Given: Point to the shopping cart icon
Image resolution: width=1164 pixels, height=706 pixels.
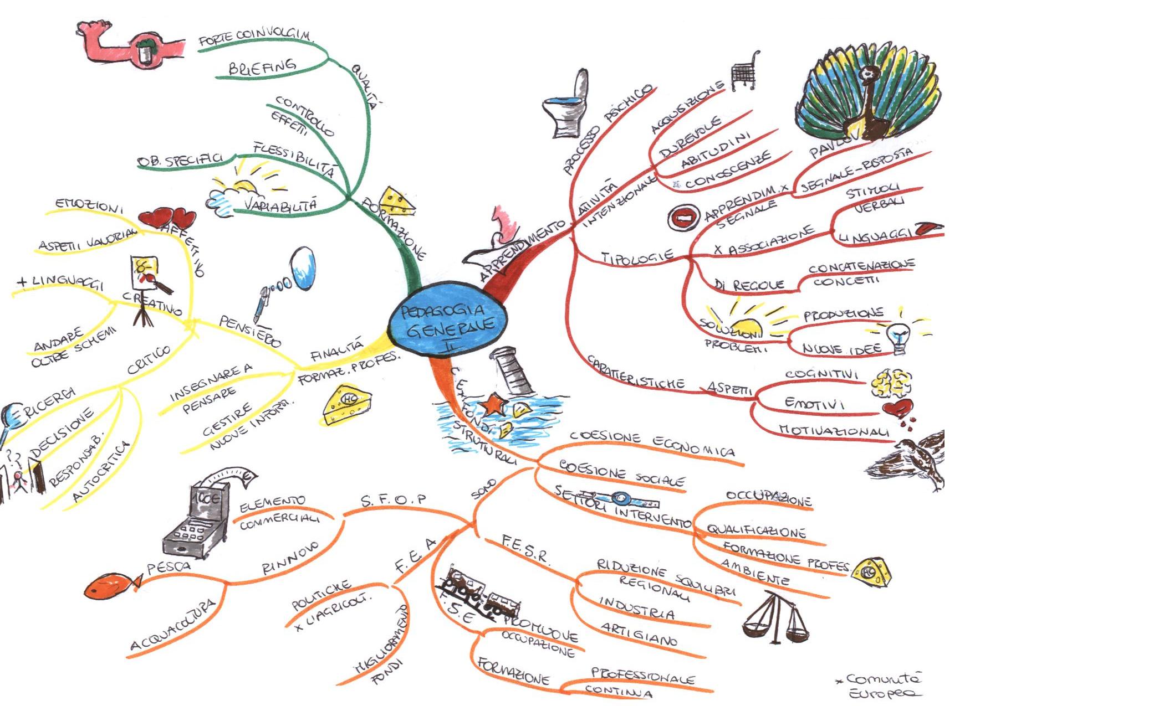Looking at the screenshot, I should [744, 72].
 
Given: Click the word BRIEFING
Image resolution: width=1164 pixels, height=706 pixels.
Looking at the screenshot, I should [262, 67].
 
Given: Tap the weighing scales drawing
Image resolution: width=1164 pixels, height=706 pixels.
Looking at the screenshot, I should [775, 617].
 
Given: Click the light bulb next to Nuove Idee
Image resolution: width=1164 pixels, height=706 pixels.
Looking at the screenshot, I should [898, 338].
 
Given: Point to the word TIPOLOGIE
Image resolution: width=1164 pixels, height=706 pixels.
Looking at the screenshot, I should [637, 256].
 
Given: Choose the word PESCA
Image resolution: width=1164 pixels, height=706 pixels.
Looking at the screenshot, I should [169, 566].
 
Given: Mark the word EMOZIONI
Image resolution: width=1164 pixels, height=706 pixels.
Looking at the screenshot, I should [89, 205].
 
